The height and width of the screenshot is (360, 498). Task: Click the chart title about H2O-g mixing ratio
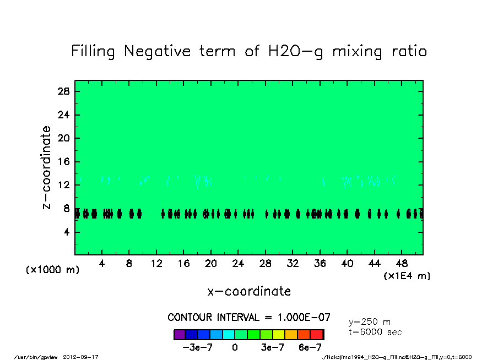tap(249, 52)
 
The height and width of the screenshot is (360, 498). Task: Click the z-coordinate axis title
tap(47, 167)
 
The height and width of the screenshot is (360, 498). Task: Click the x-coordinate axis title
tap(249, 291)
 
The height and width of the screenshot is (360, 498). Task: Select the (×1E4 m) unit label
tap(407, 276)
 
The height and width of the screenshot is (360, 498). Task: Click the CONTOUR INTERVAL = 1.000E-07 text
tap(249, 318)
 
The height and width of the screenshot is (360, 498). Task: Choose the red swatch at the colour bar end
tap(317, 334)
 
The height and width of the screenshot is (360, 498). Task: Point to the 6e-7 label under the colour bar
tap(310, 348)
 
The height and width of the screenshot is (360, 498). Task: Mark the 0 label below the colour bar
tap(235, 348)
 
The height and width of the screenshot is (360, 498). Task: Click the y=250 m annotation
tap(370, 322)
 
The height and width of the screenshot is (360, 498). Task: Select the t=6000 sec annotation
tap(375, 332)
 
